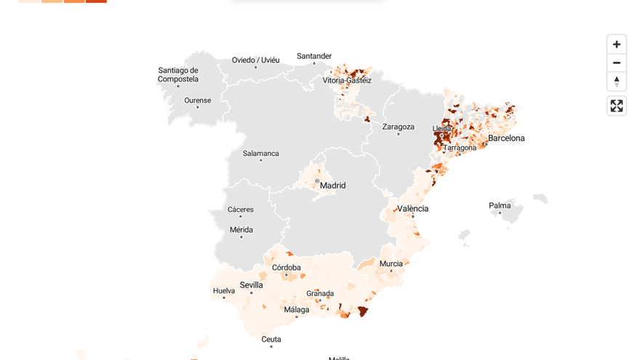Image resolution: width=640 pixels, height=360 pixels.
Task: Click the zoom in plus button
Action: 617,44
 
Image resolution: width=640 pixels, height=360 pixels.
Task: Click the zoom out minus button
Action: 617,63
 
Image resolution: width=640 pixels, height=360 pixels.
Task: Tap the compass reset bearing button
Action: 617,81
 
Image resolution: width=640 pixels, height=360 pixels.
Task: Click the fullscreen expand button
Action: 617,106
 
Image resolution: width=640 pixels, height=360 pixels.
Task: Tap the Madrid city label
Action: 333,185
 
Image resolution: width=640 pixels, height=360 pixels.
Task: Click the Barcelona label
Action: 506,138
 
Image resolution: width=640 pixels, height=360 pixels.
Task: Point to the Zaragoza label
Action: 399,127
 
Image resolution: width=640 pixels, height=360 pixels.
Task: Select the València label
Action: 413,209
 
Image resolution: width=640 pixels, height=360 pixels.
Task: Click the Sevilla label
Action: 252,285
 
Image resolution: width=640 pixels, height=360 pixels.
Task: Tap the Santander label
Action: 314,56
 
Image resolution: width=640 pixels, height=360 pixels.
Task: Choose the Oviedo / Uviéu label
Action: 255,60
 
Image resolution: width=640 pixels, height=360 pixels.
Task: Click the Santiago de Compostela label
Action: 178,75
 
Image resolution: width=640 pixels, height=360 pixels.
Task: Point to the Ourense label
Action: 198,100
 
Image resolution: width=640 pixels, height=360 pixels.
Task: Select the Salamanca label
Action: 261,153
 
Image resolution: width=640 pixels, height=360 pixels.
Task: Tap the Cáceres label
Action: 241,209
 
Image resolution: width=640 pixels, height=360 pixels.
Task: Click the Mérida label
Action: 241,230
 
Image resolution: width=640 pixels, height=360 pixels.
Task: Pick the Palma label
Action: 500,206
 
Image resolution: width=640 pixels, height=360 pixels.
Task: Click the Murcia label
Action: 391,264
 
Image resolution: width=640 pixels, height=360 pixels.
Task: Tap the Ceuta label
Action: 271,339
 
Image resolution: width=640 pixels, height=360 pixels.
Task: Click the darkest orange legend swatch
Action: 96,1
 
